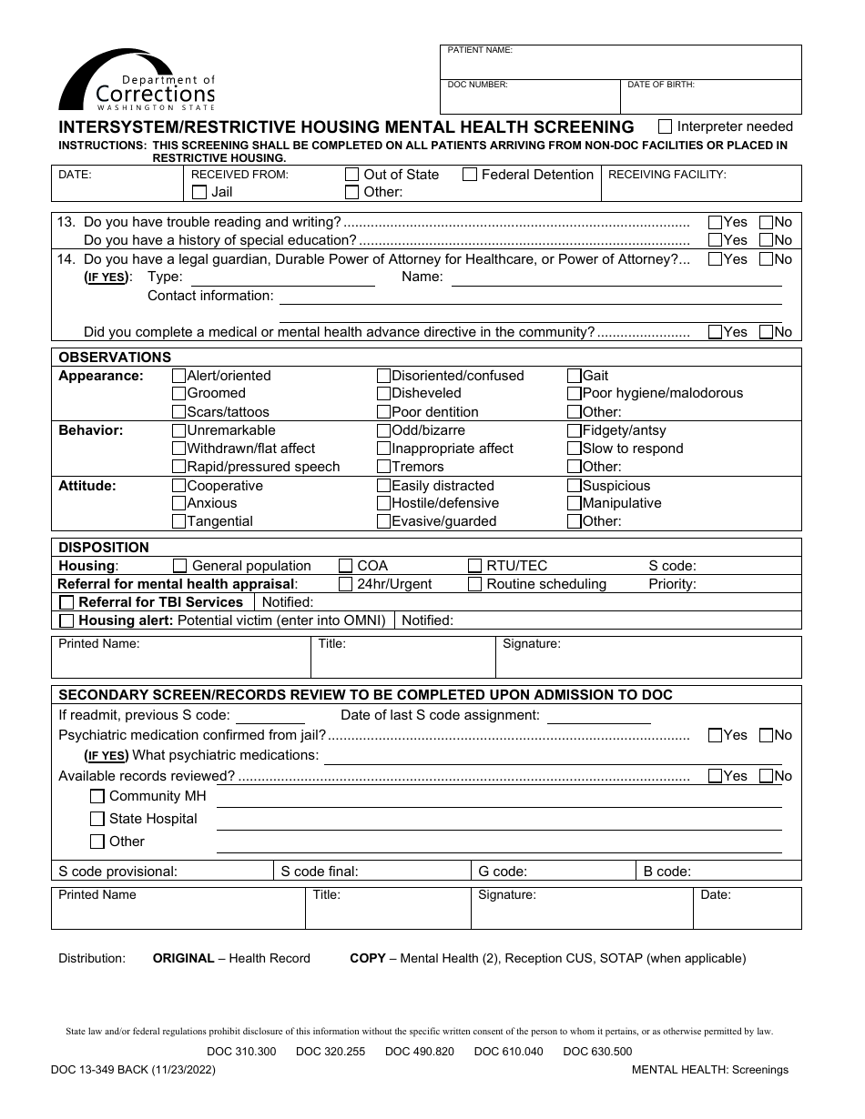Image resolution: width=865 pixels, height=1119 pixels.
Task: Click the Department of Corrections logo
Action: (x=137, y=80)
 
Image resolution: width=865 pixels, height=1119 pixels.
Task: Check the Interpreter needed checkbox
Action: (x=666, y=126)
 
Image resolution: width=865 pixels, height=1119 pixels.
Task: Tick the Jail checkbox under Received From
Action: (x=199, y=192)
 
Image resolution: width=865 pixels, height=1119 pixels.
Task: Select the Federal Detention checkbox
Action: (x=470, y=175)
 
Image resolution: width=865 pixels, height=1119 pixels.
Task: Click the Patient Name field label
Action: (x=480, y=51)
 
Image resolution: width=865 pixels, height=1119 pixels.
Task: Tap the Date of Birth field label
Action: (x=661, y=85)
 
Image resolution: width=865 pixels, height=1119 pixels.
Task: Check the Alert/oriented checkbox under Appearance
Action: (x=179, y=376)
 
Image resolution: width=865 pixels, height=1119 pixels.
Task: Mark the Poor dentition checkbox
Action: (x=384, y=412)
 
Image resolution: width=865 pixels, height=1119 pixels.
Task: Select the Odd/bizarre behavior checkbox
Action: (x=384, y=430)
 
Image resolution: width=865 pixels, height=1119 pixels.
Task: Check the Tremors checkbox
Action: (x=384, y=467)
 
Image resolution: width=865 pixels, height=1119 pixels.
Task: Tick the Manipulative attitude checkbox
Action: (x=575, y=503)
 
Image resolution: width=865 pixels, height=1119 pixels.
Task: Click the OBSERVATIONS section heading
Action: (x=115, y=358)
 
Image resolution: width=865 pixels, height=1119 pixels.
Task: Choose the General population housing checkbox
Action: (x=180, y=566)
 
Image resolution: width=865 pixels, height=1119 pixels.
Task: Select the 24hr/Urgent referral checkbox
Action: (x=346, y=584)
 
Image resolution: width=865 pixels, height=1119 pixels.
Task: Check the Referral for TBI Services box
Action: (x=66, y=602)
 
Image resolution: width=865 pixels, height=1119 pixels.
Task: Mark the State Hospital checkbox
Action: (x=97, y=819)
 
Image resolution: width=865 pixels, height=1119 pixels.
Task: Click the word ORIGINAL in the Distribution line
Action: (x=183, y=958)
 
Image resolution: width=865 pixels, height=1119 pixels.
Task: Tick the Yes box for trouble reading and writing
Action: (x=716, y=222)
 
